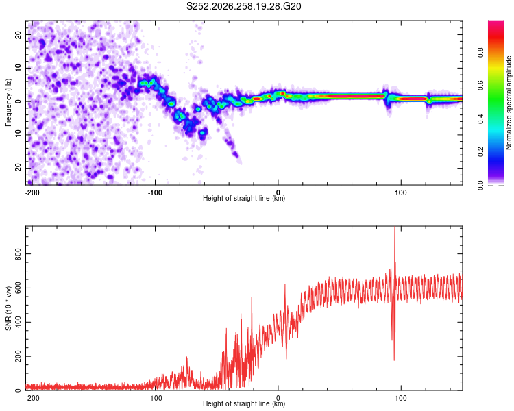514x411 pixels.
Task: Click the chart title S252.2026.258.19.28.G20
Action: (x=243, y=6)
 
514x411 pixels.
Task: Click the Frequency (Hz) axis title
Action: (x=8, y=103)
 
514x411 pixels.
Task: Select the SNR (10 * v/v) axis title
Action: (x=8, y=308)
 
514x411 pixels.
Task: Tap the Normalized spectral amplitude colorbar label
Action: (x=509, y=103)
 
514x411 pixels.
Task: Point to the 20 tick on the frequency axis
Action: (x=18, y=35)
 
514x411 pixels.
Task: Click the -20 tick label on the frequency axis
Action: (x=18, y=169)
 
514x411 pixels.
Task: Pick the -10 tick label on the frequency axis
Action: (x=18, y=135)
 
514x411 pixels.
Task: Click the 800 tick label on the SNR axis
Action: (x=18, y=254)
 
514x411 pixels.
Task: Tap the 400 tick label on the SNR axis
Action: (x=18, y=322)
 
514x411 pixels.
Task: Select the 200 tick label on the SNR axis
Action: (x=18, y=357)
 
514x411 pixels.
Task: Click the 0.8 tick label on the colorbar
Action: (x=480, y=53)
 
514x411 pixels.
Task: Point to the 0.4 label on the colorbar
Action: (x=480, y=119)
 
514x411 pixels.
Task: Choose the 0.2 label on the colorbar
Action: (x=480, y=152)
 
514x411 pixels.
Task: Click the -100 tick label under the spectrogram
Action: (x=155, y=192)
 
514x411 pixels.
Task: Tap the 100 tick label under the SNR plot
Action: (x=401, y=398)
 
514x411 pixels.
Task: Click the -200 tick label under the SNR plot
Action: (x=32, y=398)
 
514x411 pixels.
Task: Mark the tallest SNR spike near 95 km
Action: (x=395, y=227)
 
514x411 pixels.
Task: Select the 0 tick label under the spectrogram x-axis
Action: (x=278, y=192)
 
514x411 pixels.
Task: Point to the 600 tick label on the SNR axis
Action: (x=18, y=288)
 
